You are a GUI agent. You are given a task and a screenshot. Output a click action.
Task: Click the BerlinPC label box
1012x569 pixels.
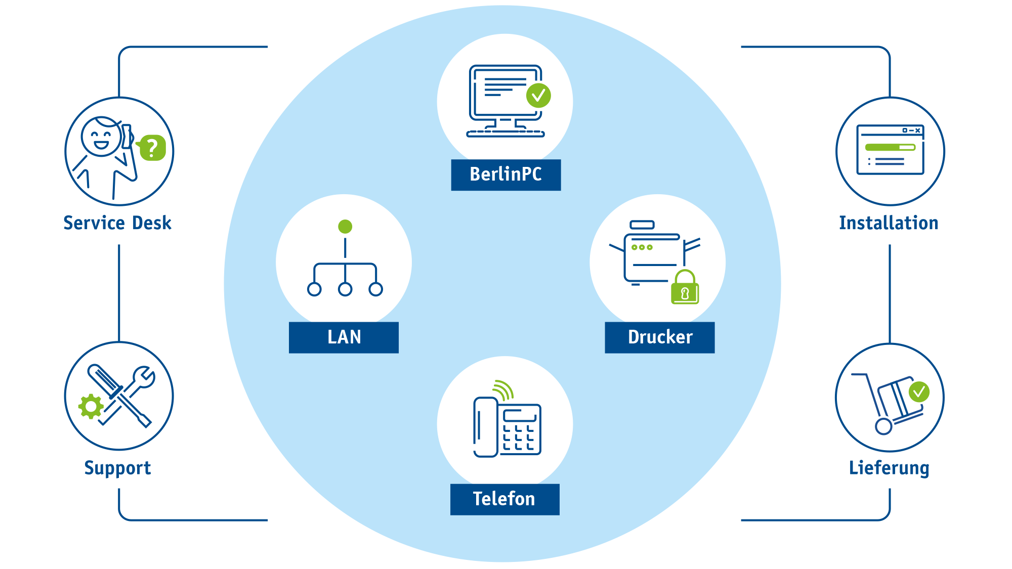[x=506, y=175]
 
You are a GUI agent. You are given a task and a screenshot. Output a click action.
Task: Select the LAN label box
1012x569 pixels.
[x=344, y=337]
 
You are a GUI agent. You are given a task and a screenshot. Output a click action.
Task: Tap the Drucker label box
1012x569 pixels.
[x=660, y=337]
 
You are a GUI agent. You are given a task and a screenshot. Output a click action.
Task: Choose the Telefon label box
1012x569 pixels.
[x=505, y=499]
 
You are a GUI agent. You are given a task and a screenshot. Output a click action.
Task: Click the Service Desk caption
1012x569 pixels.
[x=117, y=223]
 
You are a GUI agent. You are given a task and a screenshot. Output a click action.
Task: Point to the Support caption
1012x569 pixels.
[x=117, y=468]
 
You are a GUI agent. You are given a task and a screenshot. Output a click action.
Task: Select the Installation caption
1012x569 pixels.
[x=889, y=223]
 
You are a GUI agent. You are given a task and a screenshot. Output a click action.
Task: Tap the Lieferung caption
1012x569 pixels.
[x=889, y=468]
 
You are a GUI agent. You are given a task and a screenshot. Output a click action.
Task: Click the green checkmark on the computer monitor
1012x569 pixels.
[x=538, y=96]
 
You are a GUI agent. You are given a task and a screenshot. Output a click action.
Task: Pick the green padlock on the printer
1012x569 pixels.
[x=685, y=287]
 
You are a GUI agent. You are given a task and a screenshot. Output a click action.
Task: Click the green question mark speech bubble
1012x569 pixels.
[x=152, y=148]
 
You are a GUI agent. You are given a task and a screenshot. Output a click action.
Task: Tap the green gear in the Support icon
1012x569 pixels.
[x=91, y=406]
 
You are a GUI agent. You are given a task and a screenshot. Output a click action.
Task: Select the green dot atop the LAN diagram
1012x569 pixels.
[x=345, y=227]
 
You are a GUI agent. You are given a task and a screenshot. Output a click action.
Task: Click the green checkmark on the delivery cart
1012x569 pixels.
[x=919, y=392]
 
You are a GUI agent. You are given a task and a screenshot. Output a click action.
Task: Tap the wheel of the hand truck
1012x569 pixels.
[x=883, y=426]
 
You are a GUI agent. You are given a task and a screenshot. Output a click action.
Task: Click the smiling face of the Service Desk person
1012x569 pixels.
[x=101, y=137]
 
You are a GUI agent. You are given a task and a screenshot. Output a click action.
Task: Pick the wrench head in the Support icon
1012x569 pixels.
[x=144, y=377]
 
